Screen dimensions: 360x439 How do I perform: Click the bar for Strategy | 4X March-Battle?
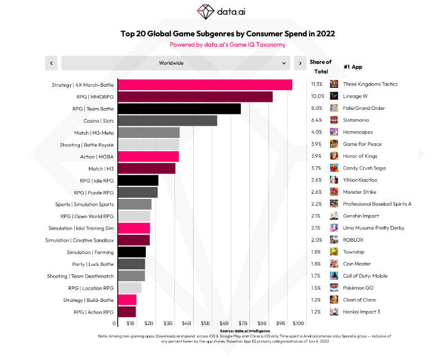point(204,85)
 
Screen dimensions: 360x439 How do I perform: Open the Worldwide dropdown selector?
point(176,63)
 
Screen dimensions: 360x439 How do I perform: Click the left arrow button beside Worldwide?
point(51,63)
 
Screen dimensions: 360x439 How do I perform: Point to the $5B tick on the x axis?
point(205,323)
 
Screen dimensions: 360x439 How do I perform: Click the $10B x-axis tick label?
point(298,323)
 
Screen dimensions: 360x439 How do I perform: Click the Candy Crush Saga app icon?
point(334,168)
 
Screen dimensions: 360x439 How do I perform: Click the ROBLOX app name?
point(353,240)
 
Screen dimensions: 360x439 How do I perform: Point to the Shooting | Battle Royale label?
point(87,145)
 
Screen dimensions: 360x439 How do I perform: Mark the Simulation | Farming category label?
point(90,252)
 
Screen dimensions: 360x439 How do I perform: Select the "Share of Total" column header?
point(320,66)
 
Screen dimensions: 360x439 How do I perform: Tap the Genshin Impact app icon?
point(334,216)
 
